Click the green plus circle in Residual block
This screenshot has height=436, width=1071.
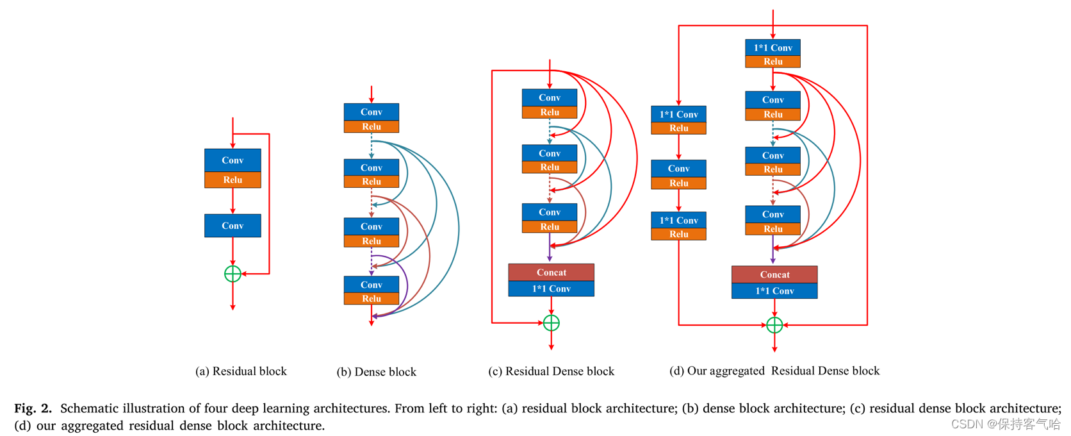tap(233, 274)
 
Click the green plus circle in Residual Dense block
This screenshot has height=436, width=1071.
tap(551, 323)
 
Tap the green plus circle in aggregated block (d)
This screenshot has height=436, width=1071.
tap(774, 325)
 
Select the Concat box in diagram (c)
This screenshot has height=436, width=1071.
tap(551, 272)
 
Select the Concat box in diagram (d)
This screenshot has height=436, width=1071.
tap(774, 274)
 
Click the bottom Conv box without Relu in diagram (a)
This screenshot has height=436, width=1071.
tap(233, 226)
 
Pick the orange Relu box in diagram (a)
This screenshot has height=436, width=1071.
tap(233, 180)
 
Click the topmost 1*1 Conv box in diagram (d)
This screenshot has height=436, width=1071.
tap(773, 48)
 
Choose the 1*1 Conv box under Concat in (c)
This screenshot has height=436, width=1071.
tap(551, 289)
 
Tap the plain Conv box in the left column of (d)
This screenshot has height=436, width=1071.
tap(678, 169)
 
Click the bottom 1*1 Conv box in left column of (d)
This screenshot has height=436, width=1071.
tap(678, 221)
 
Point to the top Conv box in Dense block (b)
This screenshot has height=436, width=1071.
tap(371, 112)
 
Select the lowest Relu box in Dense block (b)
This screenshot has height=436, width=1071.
tap(371, 299)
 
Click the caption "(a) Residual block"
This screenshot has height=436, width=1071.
tap(241, 371)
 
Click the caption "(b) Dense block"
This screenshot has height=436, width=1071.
tap(376, 372)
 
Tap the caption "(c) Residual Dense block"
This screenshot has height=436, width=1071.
tap(551, 371)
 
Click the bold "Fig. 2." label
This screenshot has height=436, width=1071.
tap(33, 408)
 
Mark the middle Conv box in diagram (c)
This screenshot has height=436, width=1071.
tap(549, 154)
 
